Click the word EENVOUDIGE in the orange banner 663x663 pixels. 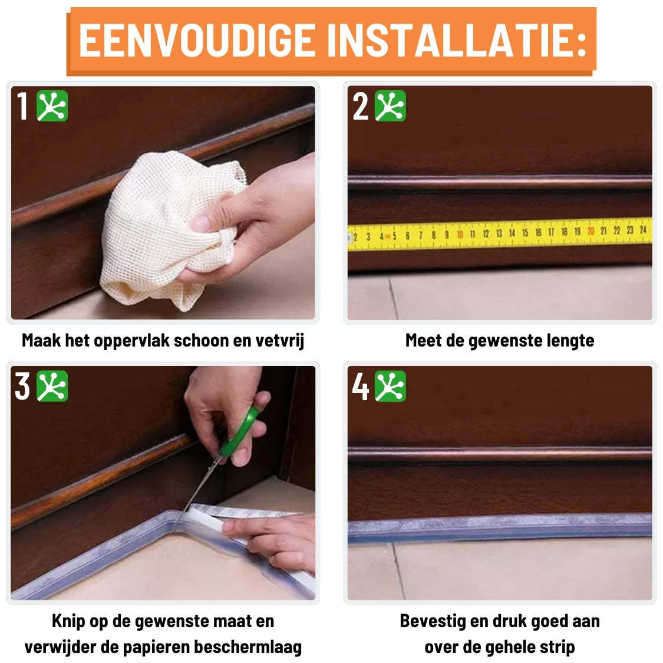click(x=197, y=40)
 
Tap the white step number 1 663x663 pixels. click(x=23, y=107)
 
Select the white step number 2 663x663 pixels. click(x=360, y=107)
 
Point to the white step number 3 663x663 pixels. click(x=22, y=387)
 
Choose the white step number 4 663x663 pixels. click(x=360, y=387)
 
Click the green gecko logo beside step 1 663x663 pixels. click(x=52, y=106)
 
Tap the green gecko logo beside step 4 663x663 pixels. click(x=391, y=387)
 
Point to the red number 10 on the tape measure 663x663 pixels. click(x=460, y=235)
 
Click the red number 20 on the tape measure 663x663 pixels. click(x=591, y=232)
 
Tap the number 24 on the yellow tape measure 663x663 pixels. click(x=643, y=230)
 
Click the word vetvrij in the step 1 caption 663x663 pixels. click(x=280, y=341)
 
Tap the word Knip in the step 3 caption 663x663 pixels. click(x=69, y=621)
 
